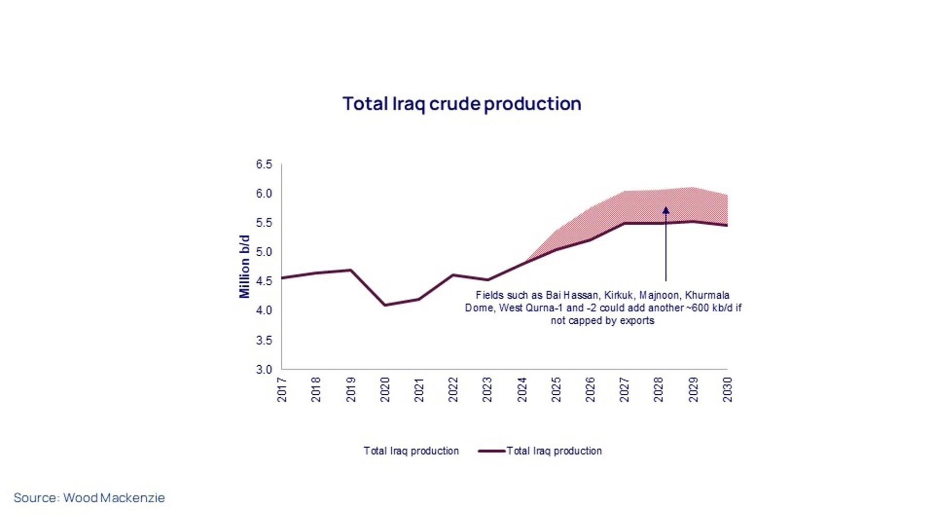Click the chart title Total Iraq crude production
461,104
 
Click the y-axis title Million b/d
244,267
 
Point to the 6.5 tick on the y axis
264,164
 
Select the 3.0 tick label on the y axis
264,369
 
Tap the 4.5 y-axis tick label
264,281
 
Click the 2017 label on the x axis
282,390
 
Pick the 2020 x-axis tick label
384,390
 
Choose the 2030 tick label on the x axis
727,390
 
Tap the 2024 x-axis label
522,390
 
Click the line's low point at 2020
384,305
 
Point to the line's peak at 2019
351,270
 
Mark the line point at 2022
453,275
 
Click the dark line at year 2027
625,223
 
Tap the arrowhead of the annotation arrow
666,210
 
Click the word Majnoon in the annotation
659,295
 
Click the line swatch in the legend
491,451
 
